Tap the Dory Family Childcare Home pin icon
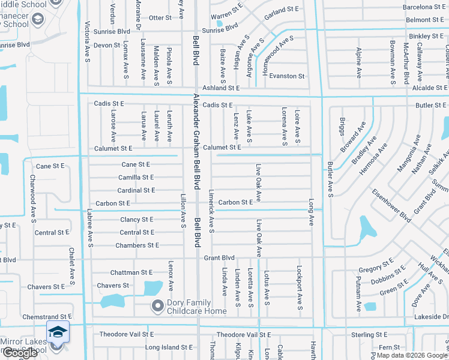[157, 306]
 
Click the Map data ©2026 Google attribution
[411, 355]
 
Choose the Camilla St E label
[136, 177]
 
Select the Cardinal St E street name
[136, 190]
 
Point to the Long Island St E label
[169, 347]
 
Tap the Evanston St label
[287, 76]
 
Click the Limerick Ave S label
[211, 212]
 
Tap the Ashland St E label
[221, 88]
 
